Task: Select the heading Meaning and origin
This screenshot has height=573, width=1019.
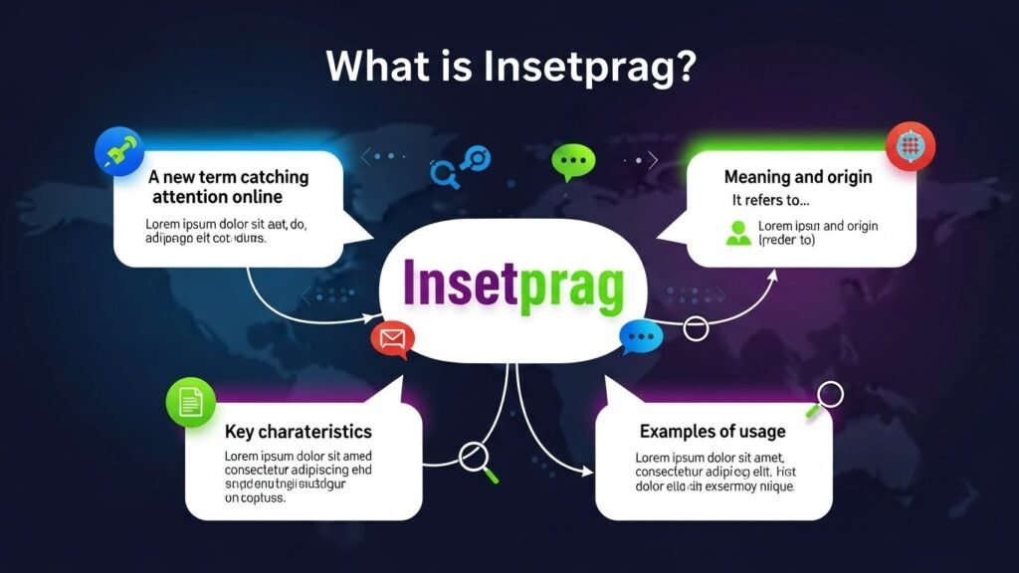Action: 798,177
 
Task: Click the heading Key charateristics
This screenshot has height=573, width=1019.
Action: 299,432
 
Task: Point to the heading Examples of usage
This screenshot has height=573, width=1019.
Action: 712,431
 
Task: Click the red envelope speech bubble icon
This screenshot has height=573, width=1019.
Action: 392,340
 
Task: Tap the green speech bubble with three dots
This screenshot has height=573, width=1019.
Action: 572,161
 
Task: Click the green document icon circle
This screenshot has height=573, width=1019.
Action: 191,403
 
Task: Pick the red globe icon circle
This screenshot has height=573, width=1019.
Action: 910,146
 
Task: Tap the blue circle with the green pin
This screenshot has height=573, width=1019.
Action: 118,151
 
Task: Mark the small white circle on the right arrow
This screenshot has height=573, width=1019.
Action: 695,326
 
